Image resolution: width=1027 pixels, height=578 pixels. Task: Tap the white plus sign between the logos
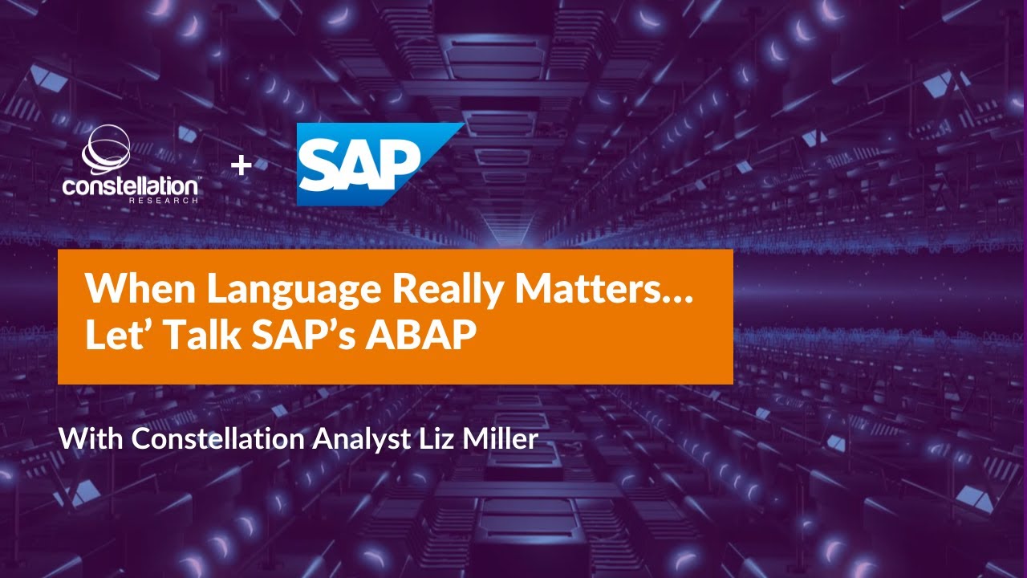click(241, 165)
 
